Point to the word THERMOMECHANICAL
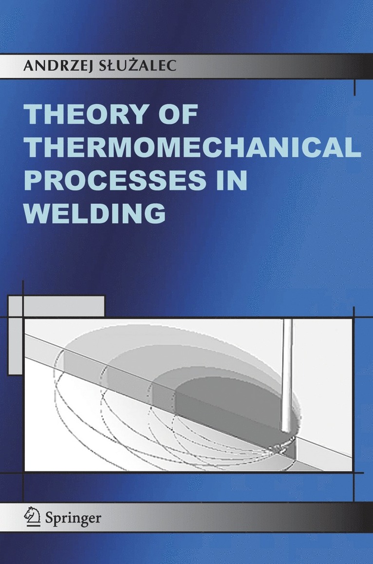(192, 149)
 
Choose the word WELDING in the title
(95, 214)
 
